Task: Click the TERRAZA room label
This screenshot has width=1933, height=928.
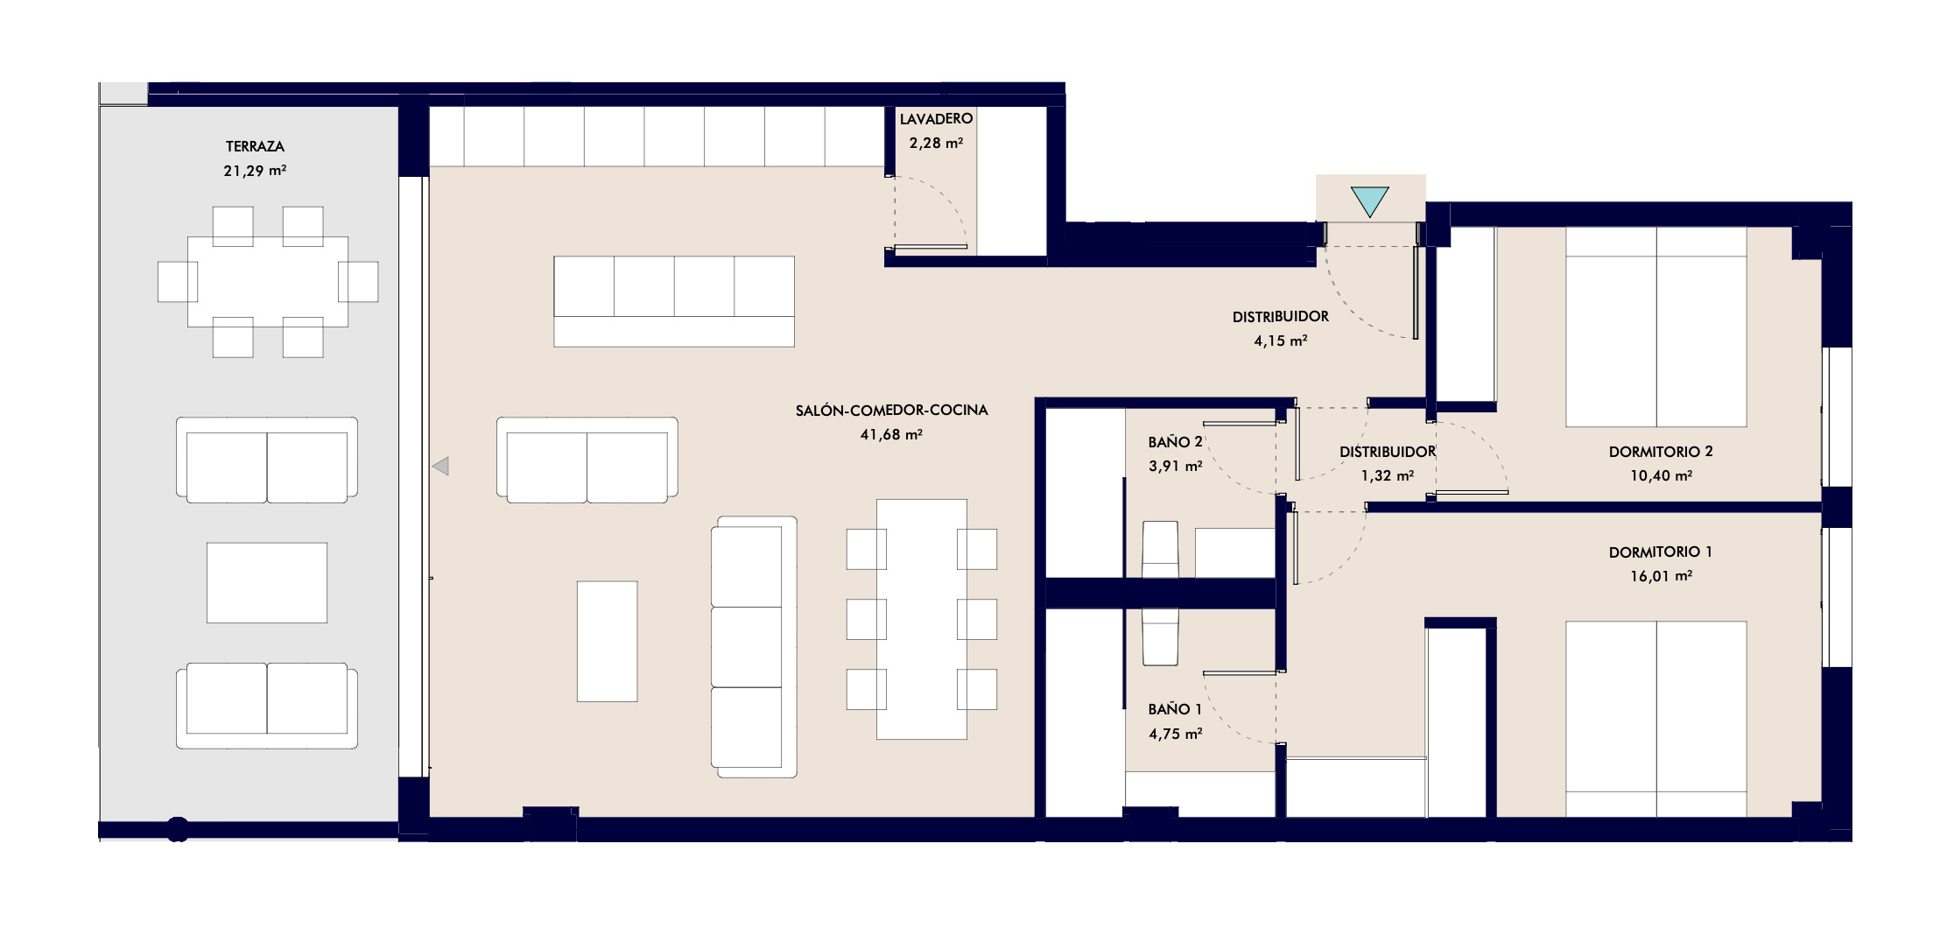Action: [x=255, y=146]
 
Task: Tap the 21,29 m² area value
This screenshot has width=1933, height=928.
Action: [x=255, y=171]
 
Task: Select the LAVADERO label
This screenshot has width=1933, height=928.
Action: [x=936, y=118]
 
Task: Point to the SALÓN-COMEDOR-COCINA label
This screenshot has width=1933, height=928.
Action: [x=891, y=410]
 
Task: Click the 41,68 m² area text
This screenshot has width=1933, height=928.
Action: [x=891, y=434]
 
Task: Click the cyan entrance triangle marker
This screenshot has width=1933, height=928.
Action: [x=1369, y=201]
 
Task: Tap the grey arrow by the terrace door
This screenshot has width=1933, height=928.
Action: [x=440, y=466]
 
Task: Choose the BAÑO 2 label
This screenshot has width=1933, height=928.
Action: [x=1175, y=442]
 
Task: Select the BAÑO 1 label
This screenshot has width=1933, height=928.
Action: [x=1175, y=709]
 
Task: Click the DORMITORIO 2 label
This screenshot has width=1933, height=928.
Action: [x=1661, y=452]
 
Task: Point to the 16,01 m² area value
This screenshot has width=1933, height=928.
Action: [x=1661, y=576]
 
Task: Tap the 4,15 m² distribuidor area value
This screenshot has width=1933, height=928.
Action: [x=1281, y=341]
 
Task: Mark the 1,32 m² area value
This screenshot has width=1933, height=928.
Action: [x=1388, y=475]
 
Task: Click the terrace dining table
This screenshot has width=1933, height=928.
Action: [x=268, y=282]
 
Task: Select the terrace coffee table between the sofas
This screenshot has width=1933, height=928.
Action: [x=267, y=583]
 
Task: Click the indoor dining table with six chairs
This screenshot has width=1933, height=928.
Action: [x=922, y=619]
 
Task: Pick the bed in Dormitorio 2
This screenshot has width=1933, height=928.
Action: [x=1656, y=327]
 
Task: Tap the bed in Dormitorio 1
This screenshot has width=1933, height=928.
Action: [x=1656, y=719]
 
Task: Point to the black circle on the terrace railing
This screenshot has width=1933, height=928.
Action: [x=178, y=829]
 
